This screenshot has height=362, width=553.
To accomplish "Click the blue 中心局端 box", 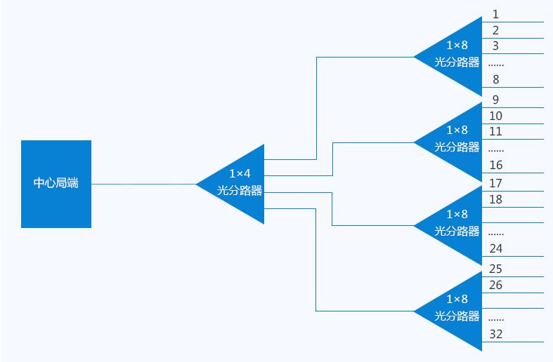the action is point(56,184).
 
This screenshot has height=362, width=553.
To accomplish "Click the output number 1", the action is point(495,14).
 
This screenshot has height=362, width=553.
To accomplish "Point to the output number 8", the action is point(496,79).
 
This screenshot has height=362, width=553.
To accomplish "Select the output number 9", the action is point(495,100).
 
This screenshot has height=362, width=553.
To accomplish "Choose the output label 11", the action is point(495,131).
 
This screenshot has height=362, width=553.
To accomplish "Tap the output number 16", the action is point(496,165).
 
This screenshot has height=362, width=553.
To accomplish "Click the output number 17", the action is point(495,183).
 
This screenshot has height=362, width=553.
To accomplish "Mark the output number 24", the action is point(496,248).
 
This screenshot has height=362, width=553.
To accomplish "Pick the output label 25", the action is point(495,269).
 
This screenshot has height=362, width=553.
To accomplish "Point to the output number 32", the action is point(496,334).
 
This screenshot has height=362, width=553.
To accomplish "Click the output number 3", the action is point(495,46).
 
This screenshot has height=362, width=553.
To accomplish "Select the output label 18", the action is point(495,199).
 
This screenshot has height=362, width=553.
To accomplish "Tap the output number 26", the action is point(495,285).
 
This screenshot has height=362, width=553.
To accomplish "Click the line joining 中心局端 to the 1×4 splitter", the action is point(143,184).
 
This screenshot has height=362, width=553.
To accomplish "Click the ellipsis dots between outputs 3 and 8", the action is point(496,65).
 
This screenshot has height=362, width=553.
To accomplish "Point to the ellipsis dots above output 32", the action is point(496,320).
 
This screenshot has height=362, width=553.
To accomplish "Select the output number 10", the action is point(495,116).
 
